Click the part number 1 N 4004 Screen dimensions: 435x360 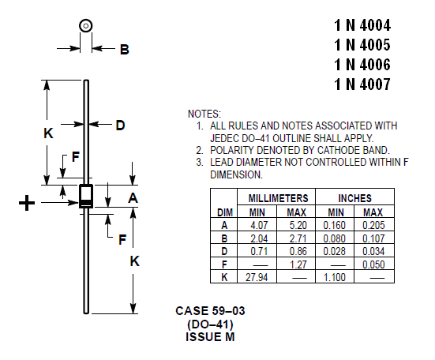362,25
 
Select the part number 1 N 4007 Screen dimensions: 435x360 362,84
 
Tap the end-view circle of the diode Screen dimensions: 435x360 86,26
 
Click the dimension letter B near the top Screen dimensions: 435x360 125,50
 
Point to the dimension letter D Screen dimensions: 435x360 121,126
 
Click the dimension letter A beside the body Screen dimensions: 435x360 133,198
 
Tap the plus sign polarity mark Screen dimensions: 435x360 27,203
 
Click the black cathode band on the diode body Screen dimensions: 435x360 86,203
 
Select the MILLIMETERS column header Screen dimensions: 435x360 278,198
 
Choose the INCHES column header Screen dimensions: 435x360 354,198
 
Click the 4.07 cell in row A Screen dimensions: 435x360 259,225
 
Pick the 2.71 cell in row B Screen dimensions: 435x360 298,238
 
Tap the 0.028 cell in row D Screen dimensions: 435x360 335,251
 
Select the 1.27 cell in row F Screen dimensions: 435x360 298,264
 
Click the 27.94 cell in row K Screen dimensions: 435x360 257,277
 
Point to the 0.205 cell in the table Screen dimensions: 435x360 373,225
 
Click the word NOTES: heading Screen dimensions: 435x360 204,114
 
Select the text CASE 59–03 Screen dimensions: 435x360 210,311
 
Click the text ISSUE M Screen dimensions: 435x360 210,337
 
